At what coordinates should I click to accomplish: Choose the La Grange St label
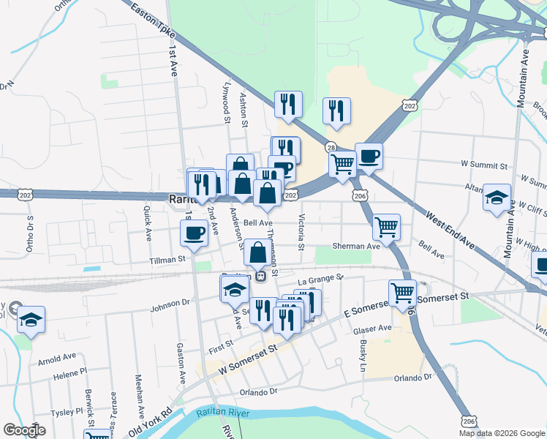(x=320, y=278)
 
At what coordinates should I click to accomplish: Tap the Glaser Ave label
(x=373, y=329)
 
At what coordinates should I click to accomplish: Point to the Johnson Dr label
(x=170, y=301)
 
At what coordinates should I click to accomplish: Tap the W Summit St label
(x=483, y=168)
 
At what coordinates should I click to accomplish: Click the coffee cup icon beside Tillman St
(x=194, y=233)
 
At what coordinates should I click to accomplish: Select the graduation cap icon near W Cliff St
(x=497, y=198)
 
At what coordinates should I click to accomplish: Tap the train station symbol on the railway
(x=260, y=277)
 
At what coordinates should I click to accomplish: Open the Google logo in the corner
(x=24, y=430)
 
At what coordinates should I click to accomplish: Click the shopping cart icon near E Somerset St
(x=402, y=293)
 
